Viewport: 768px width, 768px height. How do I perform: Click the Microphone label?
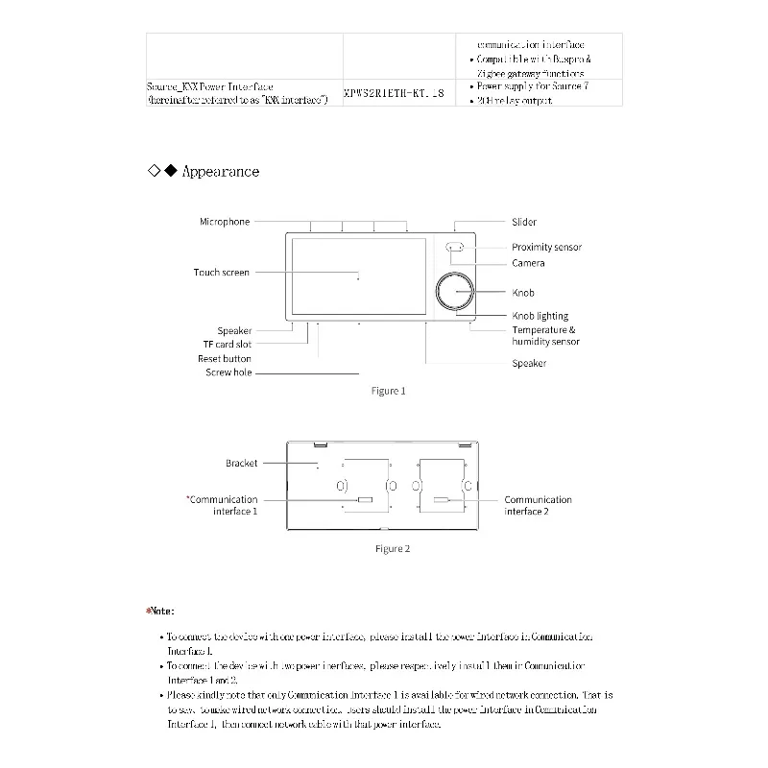click(225, 222)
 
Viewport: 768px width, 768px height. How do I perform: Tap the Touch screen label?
click(222, 273)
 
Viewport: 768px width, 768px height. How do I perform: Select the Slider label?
click(524, 222)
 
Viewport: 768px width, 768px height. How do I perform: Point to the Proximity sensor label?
click(546, 248)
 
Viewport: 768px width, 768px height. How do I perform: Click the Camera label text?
click(528, 263)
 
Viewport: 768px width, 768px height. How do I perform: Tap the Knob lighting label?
click(540, 316)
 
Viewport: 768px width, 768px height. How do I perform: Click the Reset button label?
click(225, 359)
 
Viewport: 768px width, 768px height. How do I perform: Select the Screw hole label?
click(228, 372)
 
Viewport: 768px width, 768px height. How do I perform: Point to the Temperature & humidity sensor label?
click(545, 336)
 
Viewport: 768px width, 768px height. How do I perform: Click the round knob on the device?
click(456, 292)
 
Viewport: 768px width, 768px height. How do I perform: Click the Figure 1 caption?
click(389, 391)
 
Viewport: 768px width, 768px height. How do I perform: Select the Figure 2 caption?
click(393, 549)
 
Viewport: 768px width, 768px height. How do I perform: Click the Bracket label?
click(242, 464)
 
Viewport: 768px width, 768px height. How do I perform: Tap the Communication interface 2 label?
click(538, 506)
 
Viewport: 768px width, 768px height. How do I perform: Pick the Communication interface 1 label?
click(225, 506)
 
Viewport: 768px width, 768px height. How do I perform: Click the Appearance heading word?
click(221, 172)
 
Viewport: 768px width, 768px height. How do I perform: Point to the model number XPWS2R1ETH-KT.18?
click(394, 94)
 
